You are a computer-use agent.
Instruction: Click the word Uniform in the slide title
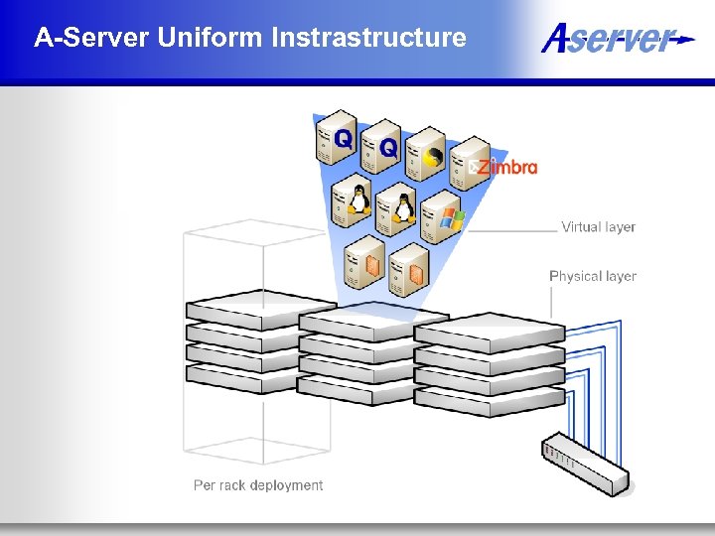click(x=208, y=38)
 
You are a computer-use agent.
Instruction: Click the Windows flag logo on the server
click(x=452, y=218)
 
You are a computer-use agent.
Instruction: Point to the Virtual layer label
click(x=598, y=226)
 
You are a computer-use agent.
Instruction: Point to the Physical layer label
click(x=593, y=276)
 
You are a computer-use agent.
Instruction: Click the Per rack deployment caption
click(x=258, y=485)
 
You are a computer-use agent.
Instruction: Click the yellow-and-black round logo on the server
click(x=434, y=157)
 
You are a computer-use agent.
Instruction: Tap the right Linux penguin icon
click(x=404, y=207)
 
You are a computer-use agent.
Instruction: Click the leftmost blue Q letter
click(x=343, y=138)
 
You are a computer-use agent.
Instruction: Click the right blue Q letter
click(x=388, y=149)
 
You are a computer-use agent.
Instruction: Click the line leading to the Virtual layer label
click(x=511, y=229)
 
